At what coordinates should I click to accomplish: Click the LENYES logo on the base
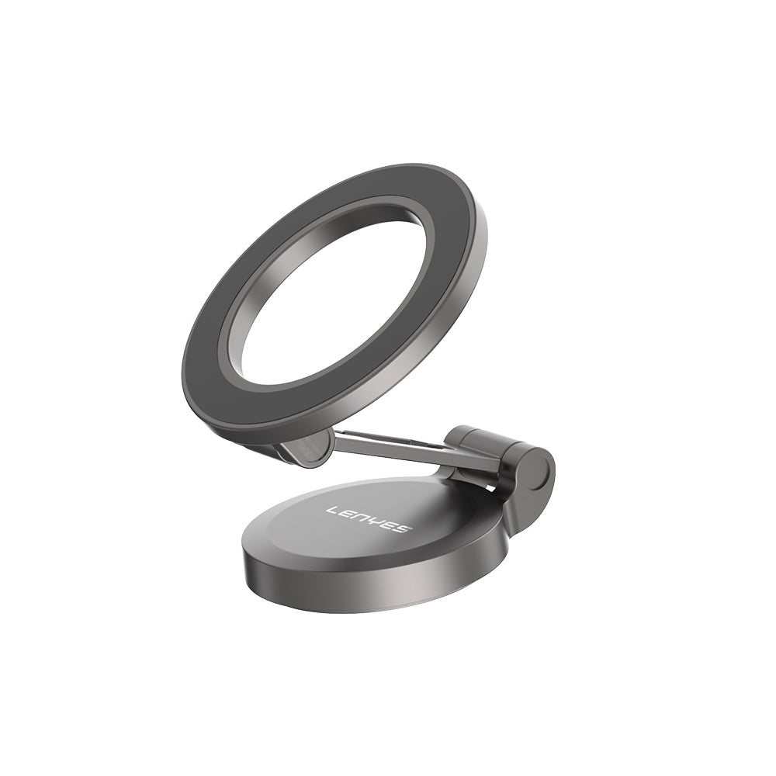tap(369, 519)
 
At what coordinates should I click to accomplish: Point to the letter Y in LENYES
tap(377, 521)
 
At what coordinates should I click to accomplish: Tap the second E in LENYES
tap(390, 525)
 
